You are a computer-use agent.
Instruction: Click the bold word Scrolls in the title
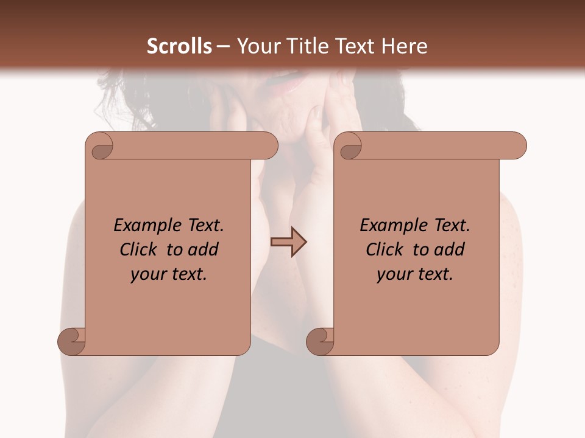(x=180, y=46)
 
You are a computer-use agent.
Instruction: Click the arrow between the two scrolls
(x=288, y=242)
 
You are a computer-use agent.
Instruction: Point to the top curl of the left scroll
(x=101, y=147)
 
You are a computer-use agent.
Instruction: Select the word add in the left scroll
(x=204, y=249)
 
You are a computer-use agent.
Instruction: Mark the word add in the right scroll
(x=450, y=249)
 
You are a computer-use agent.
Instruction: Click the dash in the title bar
(x=224, y=46)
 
